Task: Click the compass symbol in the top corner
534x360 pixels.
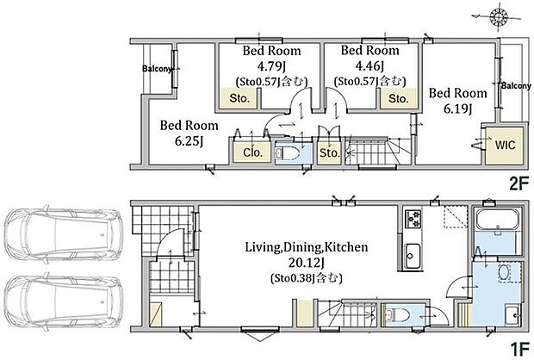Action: coord(498,16)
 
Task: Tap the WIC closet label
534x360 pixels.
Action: coord(505,145)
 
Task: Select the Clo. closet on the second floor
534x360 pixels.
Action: coord(252,152)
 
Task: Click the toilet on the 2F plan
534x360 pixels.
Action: coord(287,154)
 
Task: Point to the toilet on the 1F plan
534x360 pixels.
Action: coord(395,314)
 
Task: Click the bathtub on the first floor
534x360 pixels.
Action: coord(497,220)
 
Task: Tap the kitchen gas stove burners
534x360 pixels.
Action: coord(413,219)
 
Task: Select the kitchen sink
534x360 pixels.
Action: coord(413,256)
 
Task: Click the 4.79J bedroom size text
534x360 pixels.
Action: coord(271,65)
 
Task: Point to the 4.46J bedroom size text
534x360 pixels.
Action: coord(369,65)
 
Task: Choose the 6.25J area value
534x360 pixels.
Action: coord(189,140)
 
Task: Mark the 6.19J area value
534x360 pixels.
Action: coord(457,109)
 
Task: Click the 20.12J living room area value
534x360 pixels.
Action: coord(306,263)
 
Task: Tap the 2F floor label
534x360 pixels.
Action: coord(519,184)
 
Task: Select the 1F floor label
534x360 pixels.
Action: coord(519,349)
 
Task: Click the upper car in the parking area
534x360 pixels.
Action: coord(64,234)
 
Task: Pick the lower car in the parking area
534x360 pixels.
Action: coord(64,302)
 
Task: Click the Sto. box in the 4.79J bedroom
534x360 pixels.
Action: coord(239,98)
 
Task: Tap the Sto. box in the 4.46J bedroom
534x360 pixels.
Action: coord(399,98)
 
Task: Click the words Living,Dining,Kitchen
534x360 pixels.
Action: coord(307,247)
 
